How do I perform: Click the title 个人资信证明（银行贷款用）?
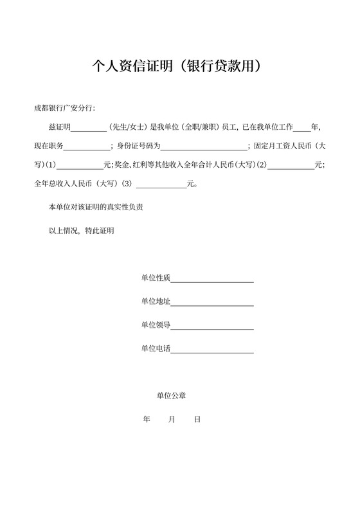coord(180,66)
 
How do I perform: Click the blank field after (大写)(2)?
coord(291,164)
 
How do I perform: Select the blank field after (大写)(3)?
coord(161,183)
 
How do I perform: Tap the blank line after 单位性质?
coord(212,278)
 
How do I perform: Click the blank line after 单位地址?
coord(212,302)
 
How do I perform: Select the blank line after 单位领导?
coord(212,326)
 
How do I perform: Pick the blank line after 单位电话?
coord(212,349)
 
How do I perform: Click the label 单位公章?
coord(171,396)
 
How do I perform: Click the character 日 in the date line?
coord(197,419)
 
